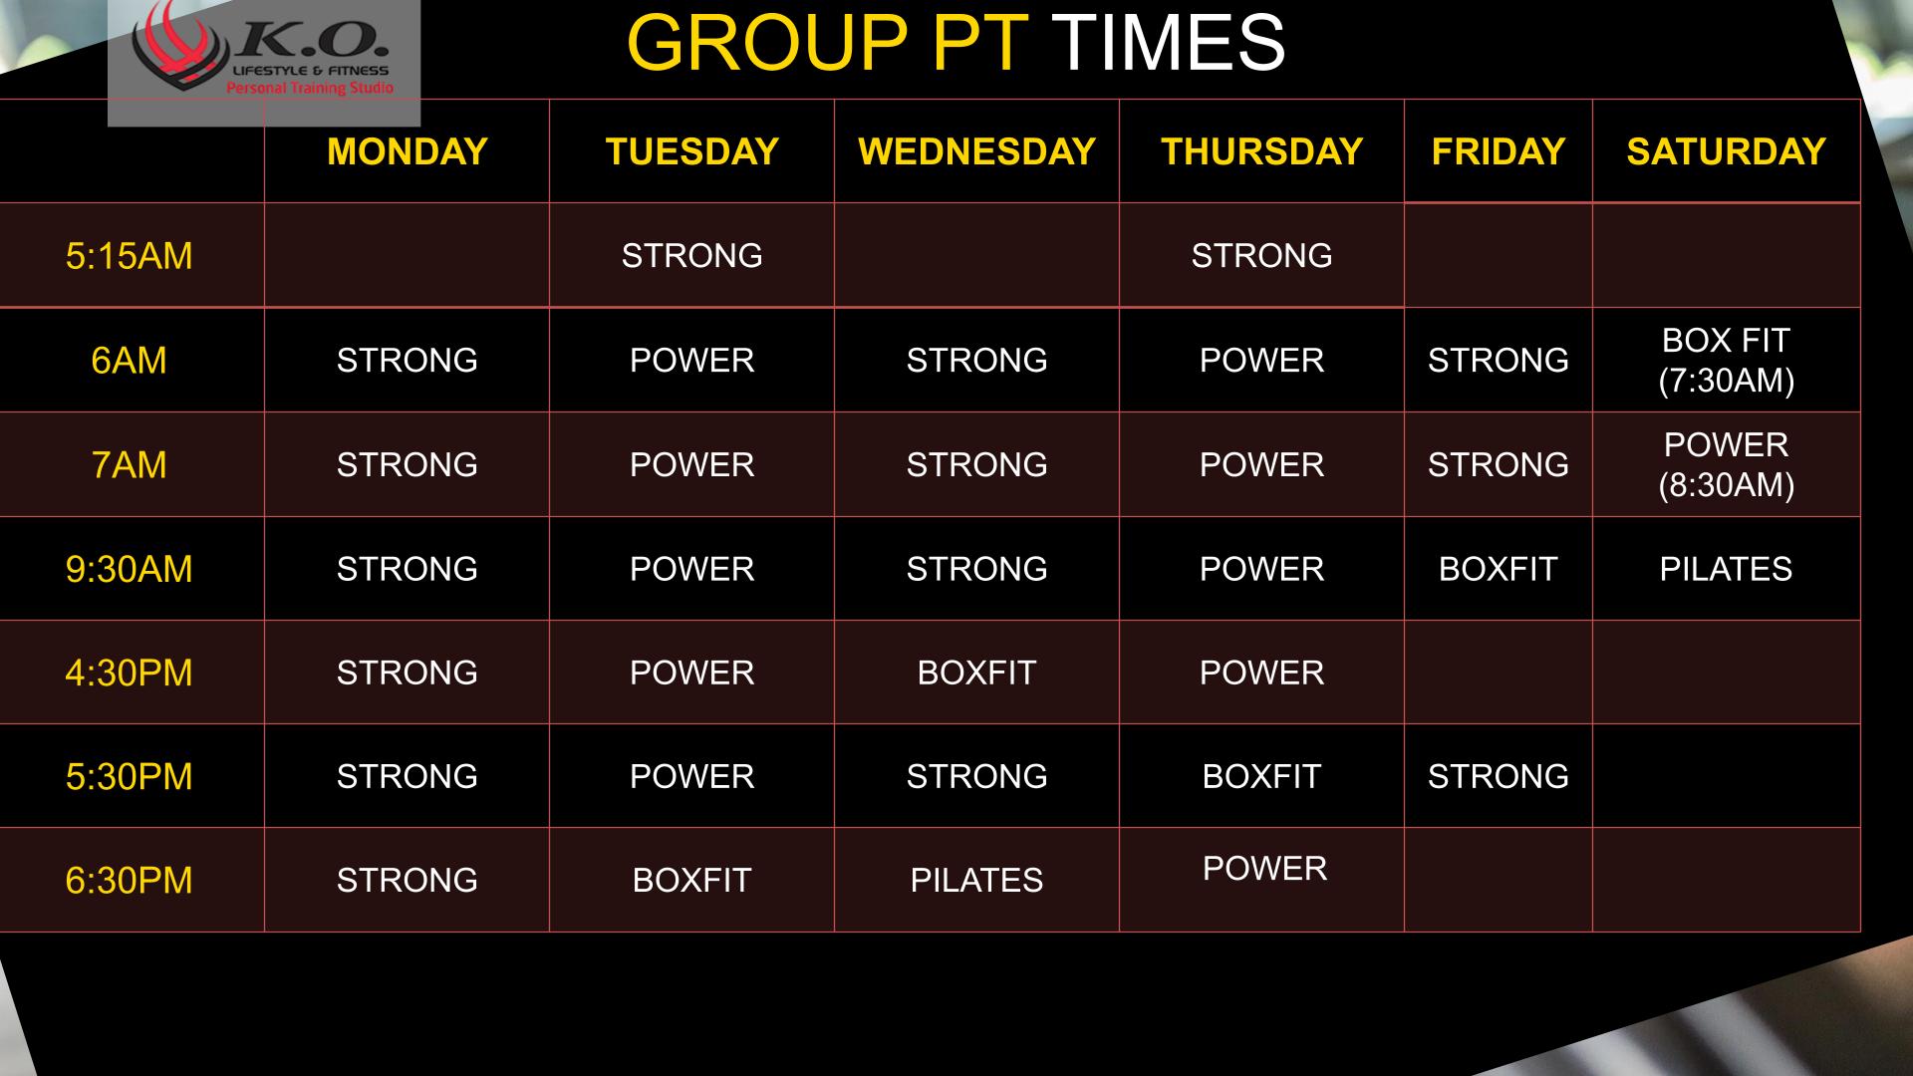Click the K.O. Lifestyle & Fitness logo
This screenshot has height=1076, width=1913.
click(264, 62)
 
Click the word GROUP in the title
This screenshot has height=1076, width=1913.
click(767, 43)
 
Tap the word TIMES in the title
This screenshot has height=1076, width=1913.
click(1168, 43)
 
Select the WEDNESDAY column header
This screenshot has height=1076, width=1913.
click(976, 151)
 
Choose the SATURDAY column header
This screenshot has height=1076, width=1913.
click(1726, 151)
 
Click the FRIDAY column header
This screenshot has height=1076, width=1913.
click(1498, 151)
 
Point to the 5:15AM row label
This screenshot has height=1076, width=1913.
click(129, 256)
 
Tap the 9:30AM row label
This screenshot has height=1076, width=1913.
click(129, 569)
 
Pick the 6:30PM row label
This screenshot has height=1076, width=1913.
click(129, 881)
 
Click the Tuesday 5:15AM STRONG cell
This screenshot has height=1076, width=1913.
click(691, 256)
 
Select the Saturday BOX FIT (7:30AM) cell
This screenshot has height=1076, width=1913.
click(1726, 360)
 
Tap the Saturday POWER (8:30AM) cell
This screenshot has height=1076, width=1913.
click(1726, 464)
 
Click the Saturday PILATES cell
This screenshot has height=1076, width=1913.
click(1726, 569)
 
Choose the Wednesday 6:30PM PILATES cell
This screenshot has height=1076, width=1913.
click(976, 881)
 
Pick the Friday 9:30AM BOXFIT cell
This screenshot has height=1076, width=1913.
click(1498, 569)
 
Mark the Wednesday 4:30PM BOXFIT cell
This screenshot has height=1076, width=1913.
click(976, 672)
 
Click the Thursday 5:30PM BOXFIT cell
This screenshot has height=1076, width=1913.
click(1261, 776)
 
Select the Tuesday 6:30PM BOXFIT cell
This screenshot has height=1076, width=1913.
click(691, 881)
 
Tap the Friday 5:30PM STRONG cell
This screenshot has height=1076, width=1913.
click(1498, 776)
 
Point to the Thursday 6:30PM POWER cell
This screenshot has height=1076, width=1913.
click(1264, 869)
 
